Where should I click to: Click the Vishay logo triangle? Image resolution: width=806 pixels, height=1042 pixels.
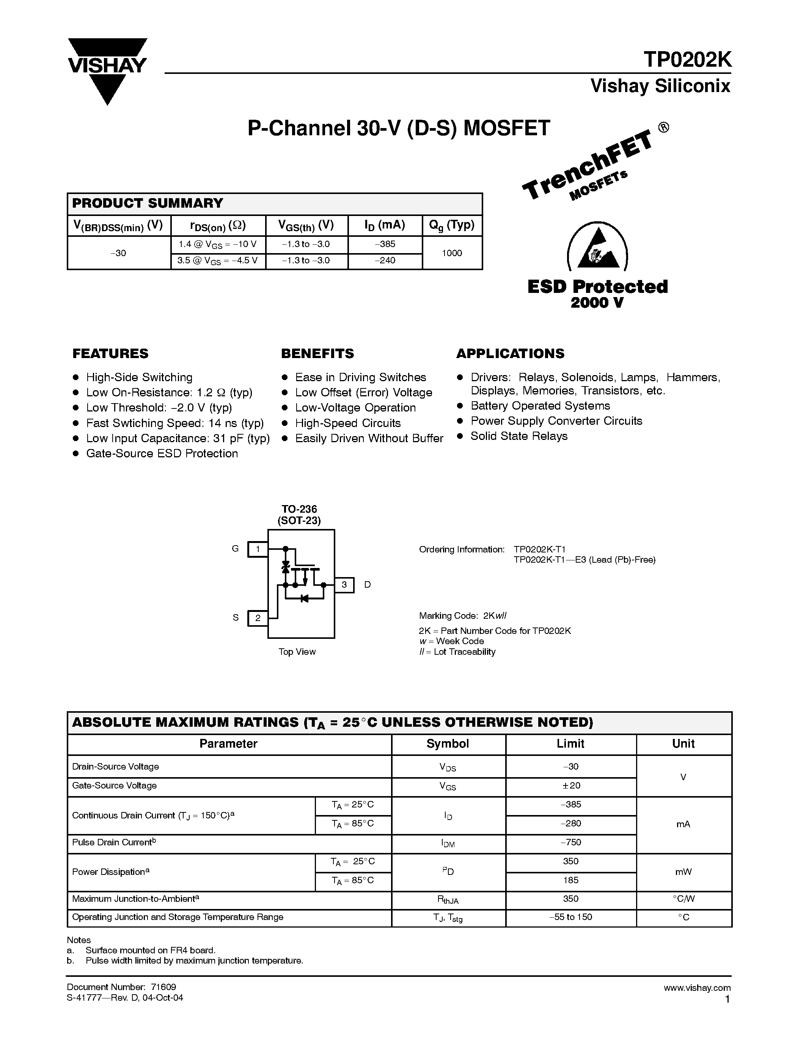coord(107,88)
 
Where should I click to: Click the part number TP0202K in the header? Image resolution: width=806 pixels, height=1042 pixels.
coord(687,60)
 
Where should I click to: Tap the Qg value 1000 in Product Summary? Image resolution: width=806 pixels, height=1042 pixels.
coord(452,253)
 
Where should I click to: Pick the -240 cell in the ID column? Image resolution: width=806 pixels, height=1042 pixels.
coord(385,261)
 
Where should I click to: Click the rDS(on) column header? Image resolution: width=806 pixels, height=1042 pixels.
coord(218,225)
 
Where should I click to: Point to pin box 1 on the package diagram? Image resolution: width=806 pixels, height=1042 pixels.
coord(258,549)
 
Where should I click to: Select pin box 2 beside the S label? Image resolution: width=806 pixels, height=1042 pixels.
coord(258,618)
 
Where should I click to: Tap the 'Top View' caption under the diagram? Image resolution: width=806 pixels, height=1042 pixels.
coord(297,652)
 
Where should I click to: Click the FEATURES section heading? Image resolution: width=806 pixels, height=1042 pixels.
coord(110,354)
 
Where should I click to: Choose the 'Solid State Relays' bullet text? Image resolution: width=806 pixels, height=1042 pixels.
coord(519,436)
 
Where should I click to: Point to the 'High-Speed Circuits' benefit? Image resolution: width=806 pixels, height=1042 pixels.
coord(347,423)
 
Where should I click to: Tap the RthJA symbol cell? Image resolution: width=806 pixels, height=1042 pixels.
coord(448,900)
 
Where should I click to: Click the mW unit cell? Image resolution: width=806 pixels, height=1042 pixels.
coord(683,871)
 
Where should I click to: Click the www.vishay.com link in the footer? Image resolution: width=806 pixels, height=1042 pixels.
coord(697,987)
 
